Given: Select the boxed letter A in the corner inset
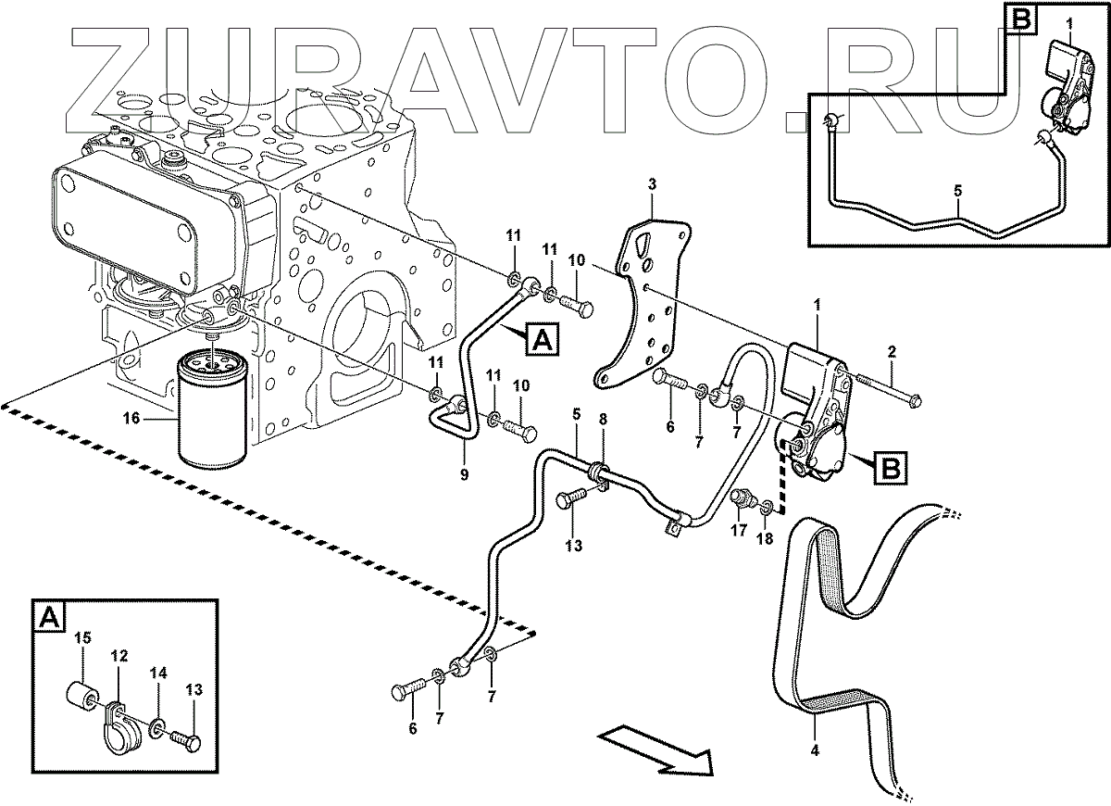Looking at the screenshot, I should [49, 614].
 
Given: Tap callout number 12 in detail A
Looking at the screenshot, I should [119, 656].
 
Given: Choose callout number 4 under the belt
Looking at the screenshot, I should [815, 749].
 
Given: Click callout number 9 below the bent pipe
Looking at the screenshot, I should [464, 475].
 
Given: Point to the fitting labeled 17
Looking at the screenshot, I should [741, 501].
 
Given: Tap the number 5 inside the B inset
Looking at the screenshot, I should [957, 192].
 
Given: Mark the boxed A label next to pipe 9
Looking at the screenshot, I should [543, 341].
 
